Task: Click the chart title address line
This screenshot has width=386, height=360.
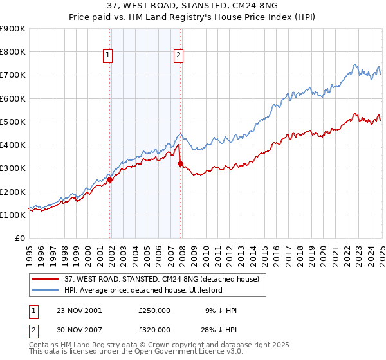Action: click(x=192, y=7)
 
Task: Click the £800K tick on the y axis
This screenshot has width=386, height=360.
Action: click(x=13, y=52)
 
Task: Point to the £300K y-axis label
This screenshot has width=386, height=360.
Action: click(x=13, y=168)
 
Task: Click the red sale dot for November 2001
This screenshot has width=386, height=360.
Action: click(x=110, y=180)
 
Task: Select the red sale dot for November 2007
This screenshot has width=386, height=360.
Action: click(x=180, y=163)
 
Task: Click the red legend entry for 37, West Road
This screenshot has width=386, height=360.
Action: click(x=161, y=279)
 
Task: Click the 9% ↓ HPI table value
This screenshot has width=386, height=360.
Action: click(x=220, y=310)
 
